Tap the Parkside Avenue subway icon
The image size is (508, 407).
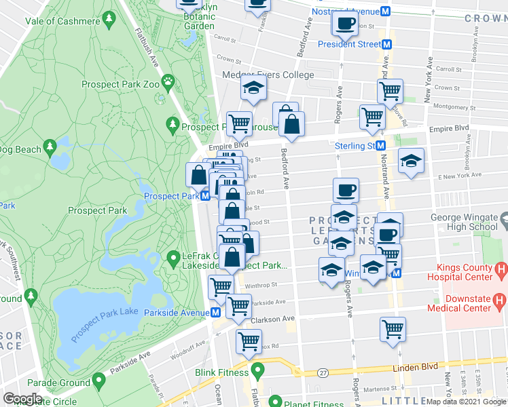click(x=215, y=312)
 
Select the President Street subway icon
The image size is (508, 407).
click(x=386, y=44)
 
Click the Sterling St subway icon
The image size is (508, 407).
click(x=381, y=146)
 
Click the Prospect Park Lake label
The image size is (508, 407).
click(x=102, y=311)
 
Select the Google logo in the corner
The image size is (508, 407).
click(x=22, y=398)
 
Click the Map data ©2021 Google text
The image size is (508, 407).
click(x=466, y=402)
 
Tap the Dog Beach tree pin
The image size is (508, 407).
click(x=49, y=147)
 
